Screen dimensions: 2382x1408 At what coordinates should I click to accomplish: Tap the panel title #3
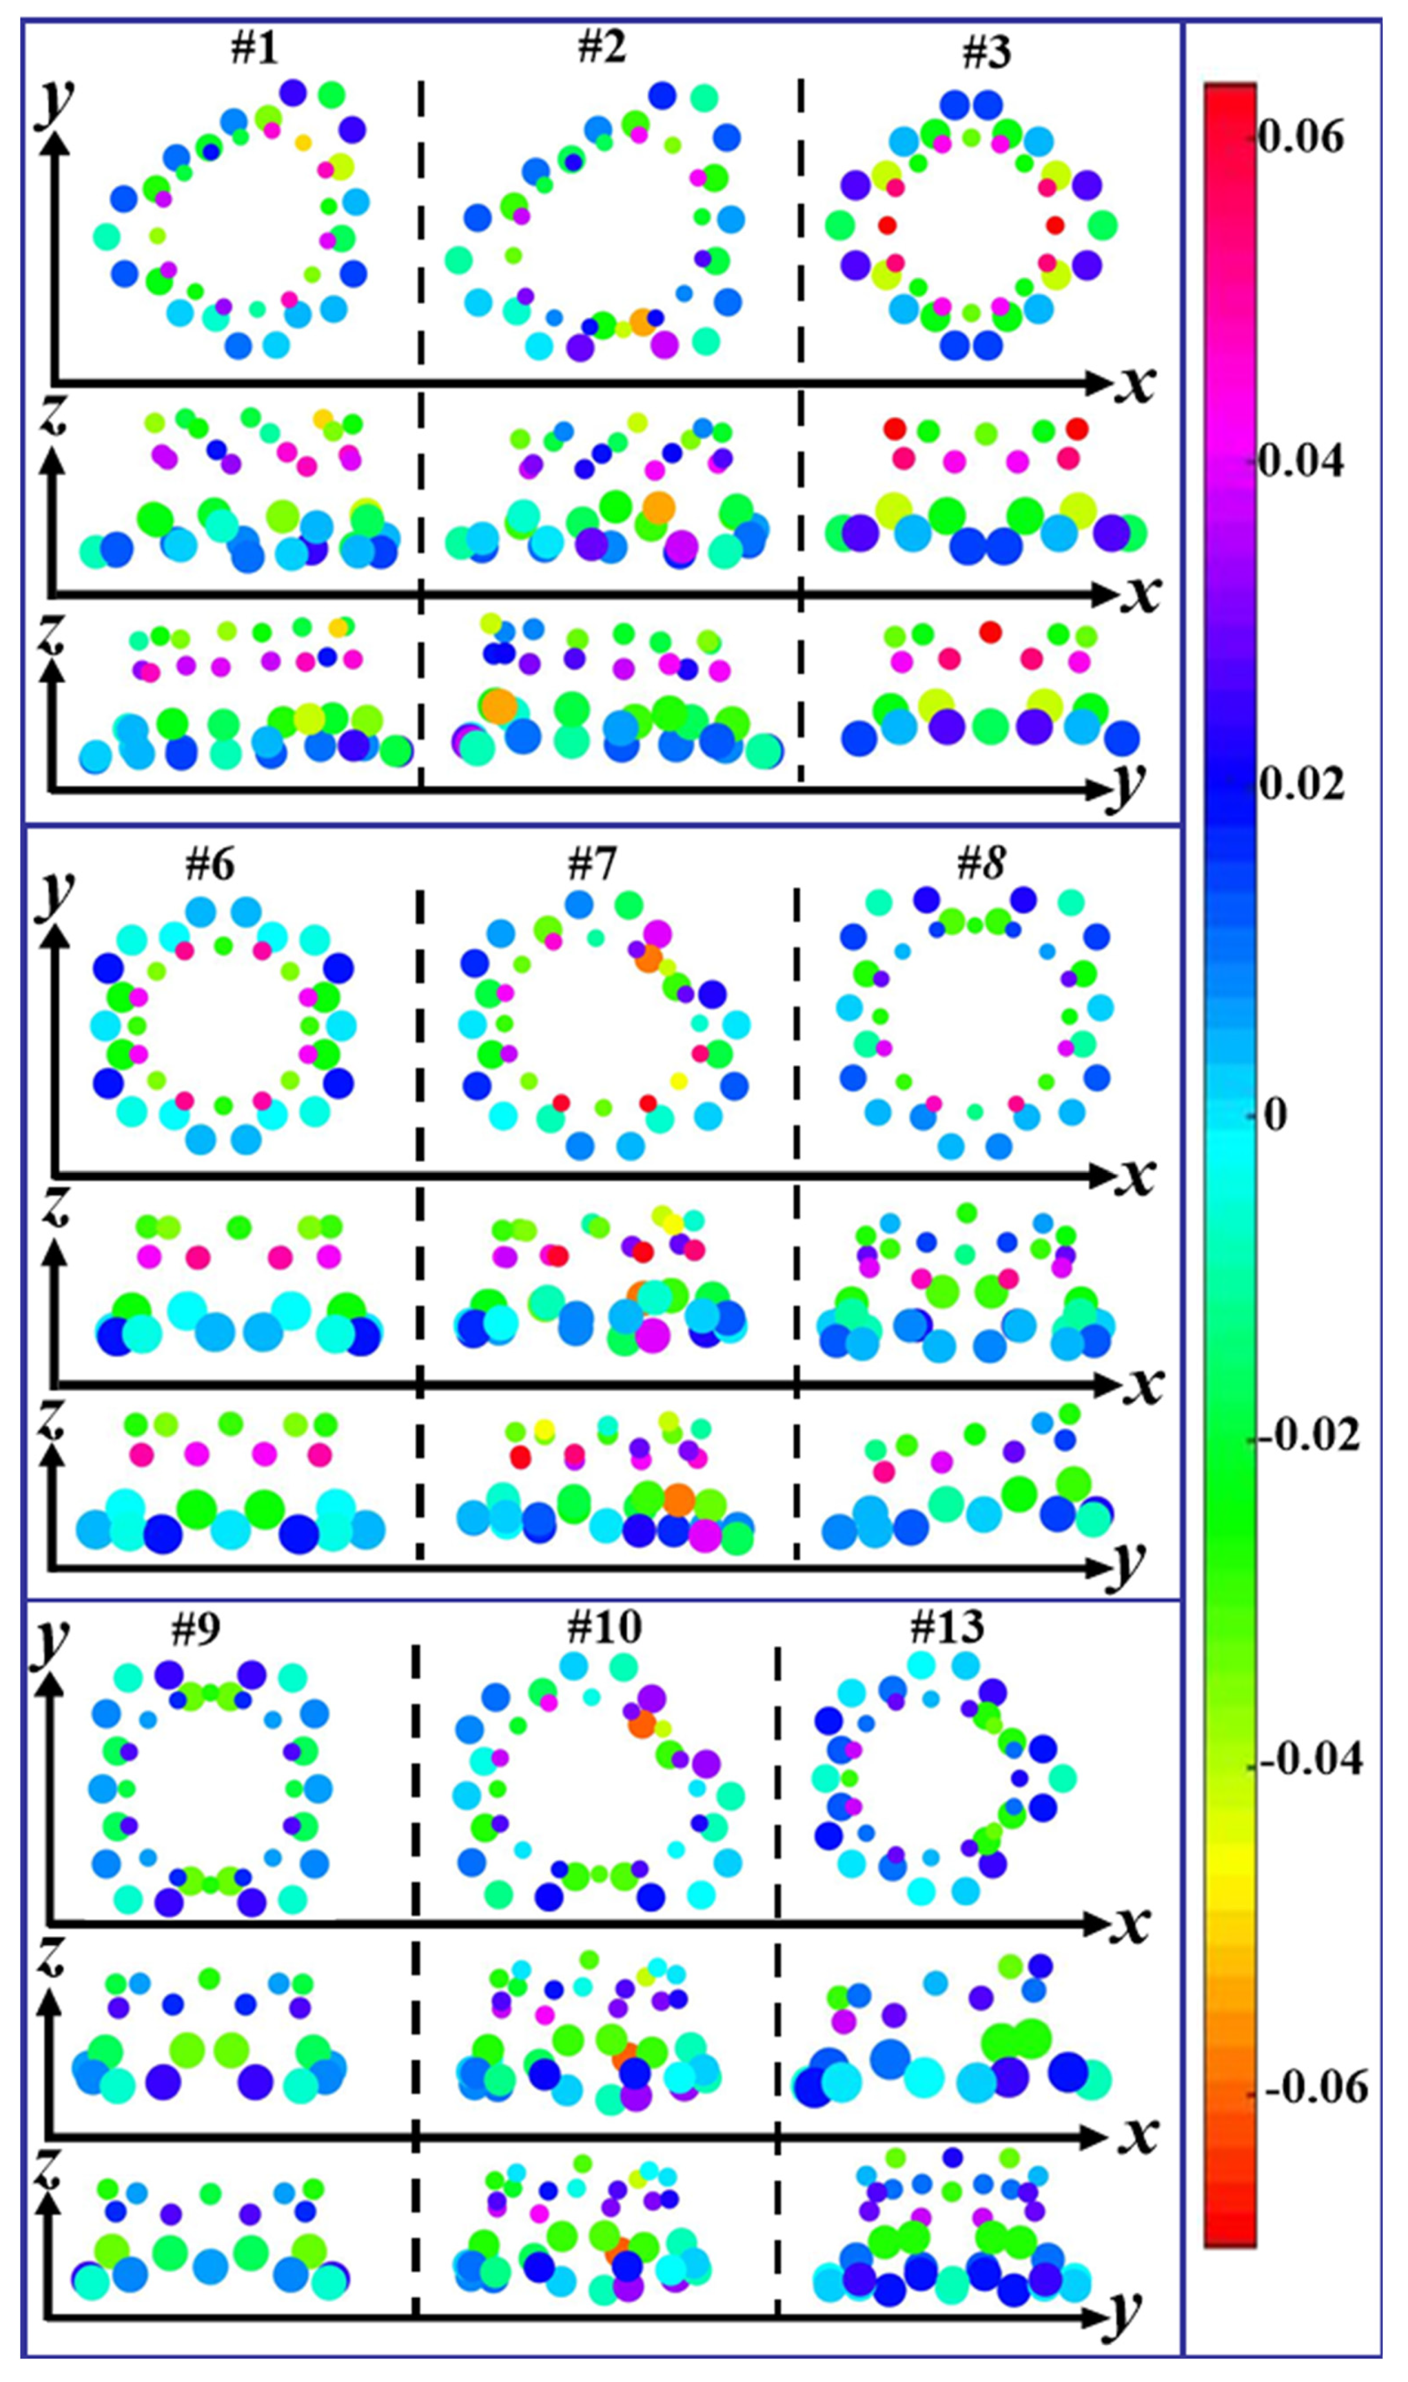(x=987, y=52)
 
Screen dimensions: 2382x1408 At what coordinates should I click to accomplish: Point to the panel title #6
(x=211, y=864)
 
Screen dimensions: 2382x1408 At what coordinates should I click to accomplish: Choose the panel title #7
(x=592, y=864)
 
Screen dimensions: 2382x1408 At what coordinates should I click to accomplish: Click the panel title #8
(x=981, y=864)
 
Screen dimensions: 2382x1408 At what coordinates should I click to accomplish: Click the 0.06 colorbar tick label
(x=1300, y=138)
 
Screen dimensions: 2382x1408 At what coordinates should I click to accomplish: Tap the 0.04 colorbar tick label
(x=1300, y=462)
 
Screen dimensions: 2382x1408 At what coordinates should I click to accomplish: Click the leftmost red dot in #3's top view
(x=887, y=226)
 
